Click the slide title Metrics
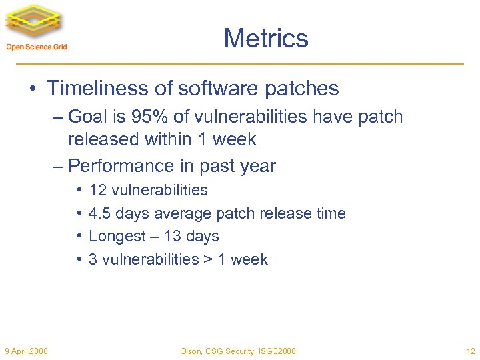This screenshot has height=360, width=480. [266, 39]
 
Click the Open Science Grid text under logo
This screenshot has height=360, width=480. [37, 47]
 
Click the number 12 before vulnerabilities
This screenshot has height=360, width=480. [98, 190]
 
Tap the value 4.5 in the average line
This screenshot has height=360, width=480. [99, 213]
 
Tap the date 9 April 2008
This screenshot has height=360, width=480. [25, 351]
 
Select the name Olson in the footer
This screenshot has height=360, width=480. [191, 351]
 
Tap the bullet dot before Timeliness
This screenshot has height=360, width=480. [34, 89]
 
